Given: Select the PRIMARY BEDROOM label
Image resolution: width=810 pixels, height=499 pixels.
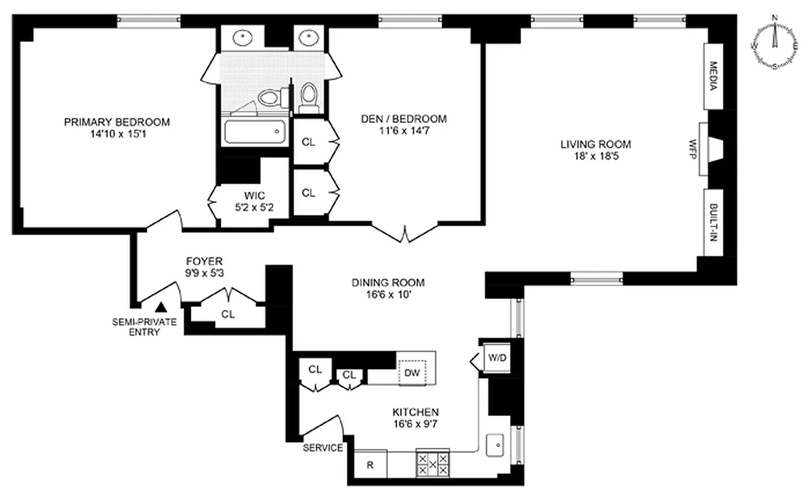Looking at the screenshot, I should pyautogui.click(x=117, y=122).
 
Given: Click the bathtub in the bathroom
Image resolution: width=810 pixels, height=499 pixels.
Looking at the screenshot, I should pyautogui.click(x=254, y=132).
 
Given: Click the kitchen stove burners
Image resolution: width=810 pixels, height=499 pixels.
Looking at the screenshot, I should pyautogui.click(x=432, y=464).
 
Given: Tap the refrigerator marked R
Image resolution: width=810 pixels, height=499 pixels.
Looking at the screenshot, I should pyautogui.click(x=370, y=465).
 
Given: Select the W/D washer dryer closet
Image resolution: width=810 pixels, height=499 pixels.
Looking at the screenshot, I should pyautogui.click(x=497, y=359).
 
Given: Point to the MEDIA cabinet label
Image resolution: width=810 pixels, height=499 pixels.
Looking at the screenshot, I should pyautogui.click(x=714, y=76).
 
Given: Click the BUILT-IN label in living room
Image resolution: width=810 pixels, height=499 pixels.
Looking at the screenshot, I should pyautogui.click(x=713, y=222).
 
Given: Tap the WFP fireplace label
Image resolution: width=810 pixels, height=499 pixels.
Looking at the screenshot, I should pyautogui.click(x=692, y=150).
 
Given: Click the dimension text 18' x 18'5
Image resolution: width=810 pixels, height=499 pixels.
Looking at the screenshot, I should pyautogui.click(x=595, y=156).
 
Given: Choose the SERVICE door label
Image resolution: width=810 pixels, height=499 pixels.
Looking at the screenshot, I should pyautogui.click(x=322, y=448).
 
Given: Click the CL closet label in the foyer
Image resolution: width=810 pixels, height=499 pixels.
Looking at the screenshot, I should pyautogui.click(x=228, y=314).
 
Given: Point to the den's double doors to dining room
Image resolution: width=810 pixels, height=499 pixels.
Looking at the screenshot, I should pyautogui.click(x=405, y=233).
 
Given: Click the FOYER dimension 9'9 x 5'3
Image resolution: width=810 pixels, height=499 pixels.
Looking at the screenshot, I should pyautogui.click(x=203, y=273).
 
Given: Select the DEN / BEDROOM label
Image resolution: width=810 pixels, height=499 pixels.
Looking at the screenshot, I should pyautogui.click(x=404, y=119).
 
